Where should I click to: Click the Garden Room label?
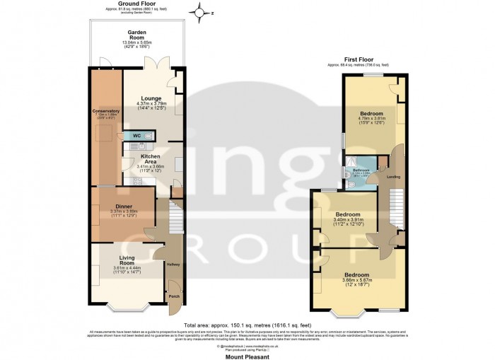click(136, 33)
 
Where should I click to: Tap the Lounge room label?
click(150, 98)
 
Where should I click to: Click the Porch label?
click(173, 296)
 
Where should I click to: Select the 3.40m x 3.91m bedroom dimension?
click(347, 220)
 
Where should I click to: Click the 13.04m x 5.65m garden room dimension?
click(136, 43)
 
